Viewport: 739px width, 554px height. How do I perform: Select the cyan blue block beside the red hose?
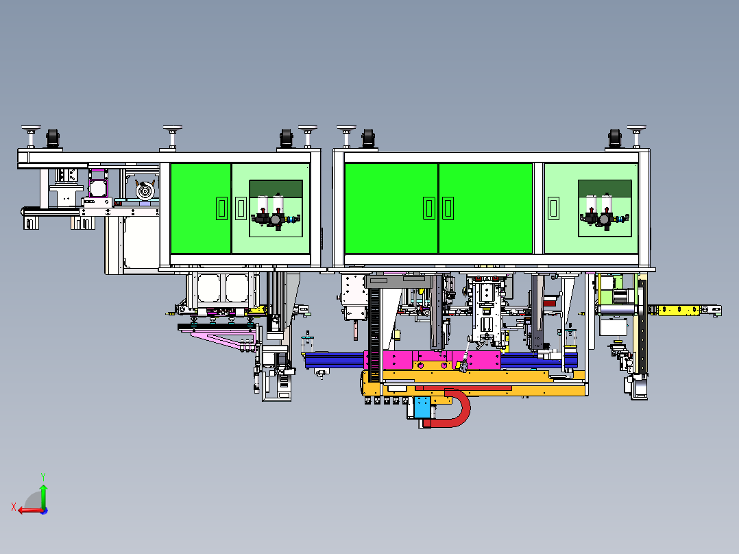422,407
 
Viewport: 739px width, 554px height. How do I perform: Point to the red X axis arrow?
30,511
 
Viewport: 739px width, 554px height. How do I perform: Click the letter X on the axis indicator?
14,507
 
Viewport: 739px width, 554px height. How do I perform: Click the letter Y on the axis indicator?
43,477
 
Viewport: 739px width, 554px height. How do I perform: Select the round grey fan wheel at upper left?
145,191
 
